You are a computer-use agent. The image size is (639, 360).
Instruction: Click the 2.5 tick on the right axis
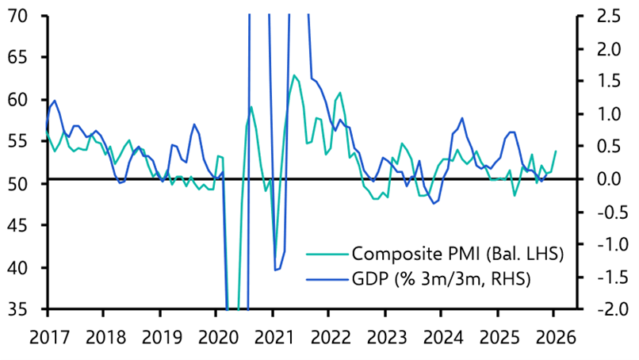pos(600,15)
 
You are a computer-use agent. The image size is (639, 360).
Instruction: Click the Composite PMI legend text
pos(457,254)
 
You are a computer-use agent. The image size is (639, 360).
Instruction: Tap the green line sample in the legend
pos(327,255)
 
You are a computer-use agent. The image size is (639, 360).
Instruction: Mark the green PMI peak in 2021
pos(294,75)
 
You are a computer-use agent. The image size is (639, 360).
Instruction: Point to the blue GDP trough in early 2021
pos(275,270)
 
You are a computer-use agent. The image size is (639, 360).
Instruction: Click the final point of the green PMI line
pos(556,151)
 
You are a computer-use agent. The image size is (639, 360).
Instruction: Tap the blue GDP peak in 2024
pos(461,118)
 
